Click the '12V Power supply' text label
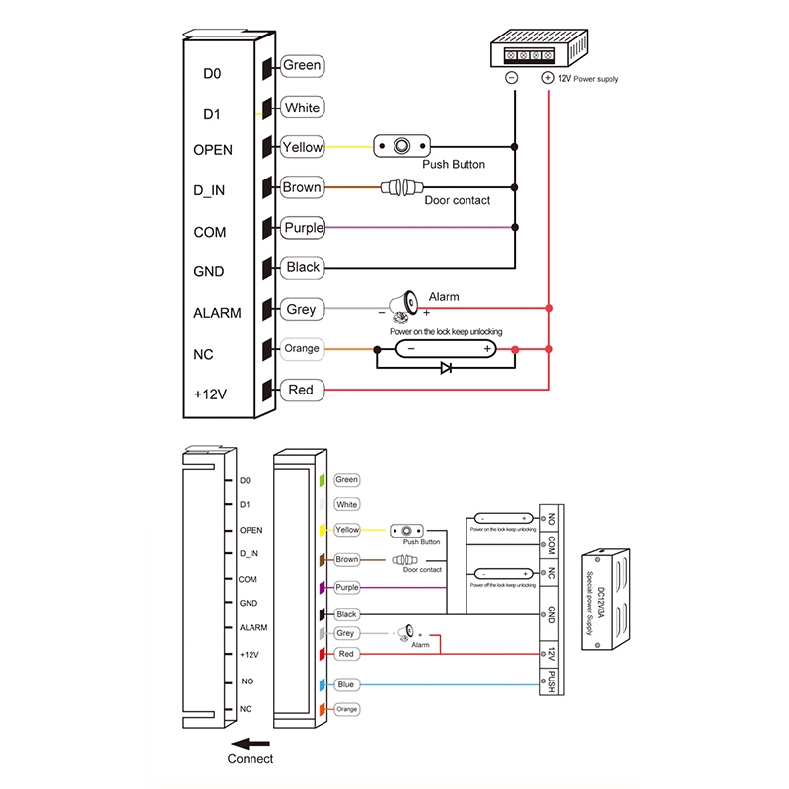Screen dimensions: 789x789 coord(589,78)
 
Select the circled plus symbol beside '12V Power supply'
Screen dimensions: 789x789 coord(548,77)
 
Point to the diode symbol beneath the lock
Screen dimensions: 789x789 coord(446,368)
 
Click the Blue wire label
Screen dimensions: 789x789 coord(345,684)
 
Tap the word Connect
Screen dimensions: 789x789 coord(251,759)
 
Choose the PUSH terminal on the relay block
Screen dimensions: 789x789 coord(551,681)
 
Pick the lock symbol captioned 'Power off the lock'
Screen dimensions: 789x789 coord(503,573)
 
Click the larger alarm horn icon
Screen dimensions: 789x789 coord(403,306)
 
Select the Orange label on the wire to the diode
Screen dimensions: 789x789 coord(302,349)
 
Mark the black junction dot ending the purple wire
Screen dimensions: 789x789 coord(514,228)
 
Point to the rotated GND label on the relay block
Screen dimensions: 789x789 coord(551,615)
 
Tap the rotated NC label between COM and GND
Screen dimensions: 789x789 coord(551,573)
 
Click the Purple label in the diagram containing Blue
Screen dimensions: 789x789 coord(347,587)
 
